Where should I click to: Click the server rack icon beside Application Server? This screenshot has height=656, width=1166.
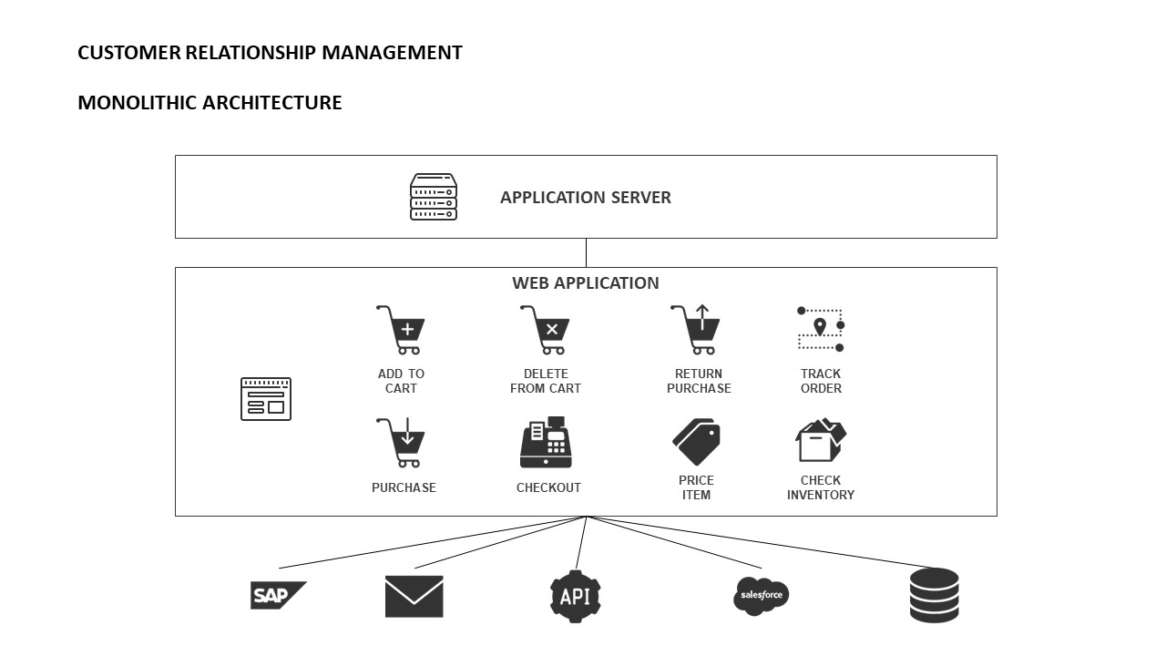click(433, 197)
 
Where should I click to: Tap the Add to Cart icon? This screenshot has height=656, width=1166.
click(401, 330)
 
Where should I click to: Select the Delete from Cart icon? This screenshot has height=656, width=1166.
click(546, 330)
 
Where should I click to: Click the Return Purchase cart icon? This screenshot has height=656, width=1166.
click(697, 330)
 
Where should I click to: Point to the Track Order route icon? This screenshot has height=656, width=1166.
click(821, 330)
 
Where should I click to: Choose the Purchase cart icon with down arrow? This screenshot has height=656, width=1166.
click(401, 443)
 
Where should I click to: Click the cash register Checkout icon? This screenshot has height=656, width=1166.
click(546, 443)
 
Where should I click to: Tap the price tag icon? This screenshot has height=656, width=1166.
click(697, 442)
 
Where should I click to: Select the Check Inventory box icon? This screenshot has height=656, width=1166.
click(820, 442)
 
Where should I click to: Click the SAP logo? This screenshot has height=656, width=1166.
click(277, 596)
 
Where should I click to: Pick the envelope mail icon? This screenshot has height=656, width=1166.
click(414, 597)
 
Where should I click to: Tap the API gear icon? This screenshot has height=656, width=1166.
click(576, 597)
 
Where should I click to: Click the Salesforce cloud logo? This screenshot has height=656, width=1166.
click(761, 596)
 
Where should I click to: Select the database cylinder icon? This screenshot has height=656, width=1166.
click(935, 596)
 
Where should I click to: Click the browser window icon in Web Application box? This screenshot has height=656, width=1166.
click(266, 399)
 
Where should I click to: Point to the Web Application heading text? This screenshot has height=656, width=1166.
click(586, 283)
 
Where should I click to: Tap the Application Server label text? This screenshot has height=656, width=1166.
click(586, 198)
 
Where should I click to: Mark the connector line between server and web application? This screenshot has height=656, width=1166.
click(586, 253)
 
